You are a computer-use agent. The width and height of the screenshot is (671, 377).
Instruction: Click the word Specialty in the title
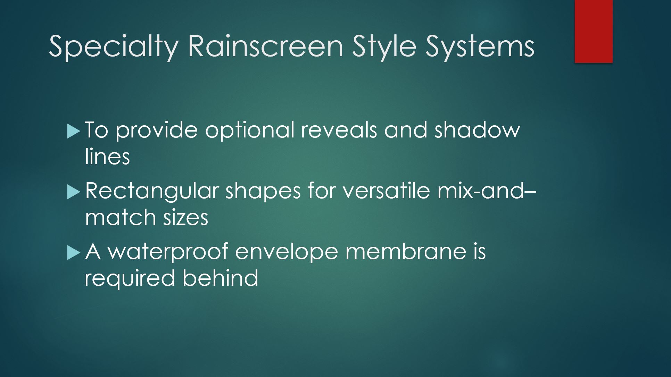pos(114,47)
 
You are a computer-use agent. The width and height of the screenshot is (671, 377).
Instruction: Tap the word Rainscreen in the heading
pos(266,46)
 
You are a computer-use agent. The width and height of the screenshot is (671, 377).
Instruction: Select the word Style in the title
pos(384,47)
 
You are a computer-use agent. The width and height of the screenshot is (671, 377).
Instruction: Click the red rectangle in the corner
pos(594,31)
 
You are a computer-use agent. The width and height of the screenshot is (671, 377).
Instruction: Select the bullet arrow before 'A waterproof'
pos(73,253)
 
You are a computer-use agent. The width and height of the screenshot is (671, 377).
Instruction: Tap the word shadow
pos(477,130)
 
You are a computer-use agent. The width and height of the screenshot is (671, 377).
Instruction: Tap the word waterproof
pos(168,252)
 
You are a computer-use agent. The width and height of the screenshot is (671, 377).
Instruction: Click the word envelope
pos(287,252)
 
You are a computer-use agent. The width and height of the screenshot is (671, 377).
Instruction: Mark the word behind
pos(220,278)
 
